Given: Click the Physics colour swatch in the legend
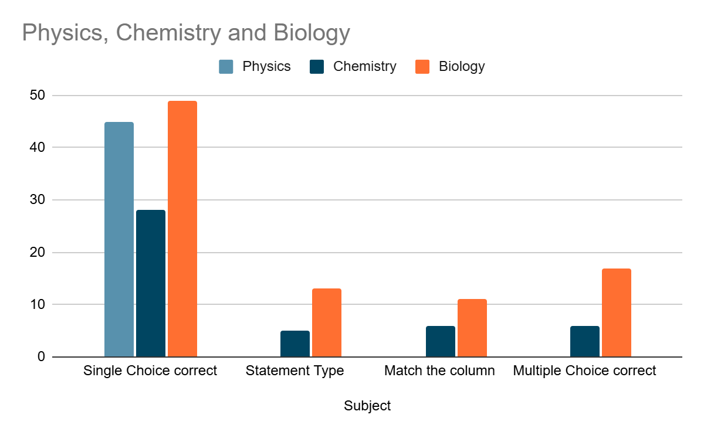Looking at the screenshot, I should tap(226, 66).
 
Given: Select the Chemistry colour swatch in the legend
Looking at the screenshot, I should tap(317, 66).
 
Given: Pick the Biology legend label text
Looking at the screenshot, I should tap(462, 66).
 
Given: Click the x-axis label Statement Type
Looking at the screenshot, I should tap(295, 371).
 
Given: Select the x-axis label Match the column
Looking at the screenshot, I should tap(439, 371).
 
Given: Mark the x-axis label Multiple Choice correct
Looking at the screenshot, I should tap(584, 371).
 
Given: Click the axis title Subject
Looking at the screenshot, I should tap(367, 406).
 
